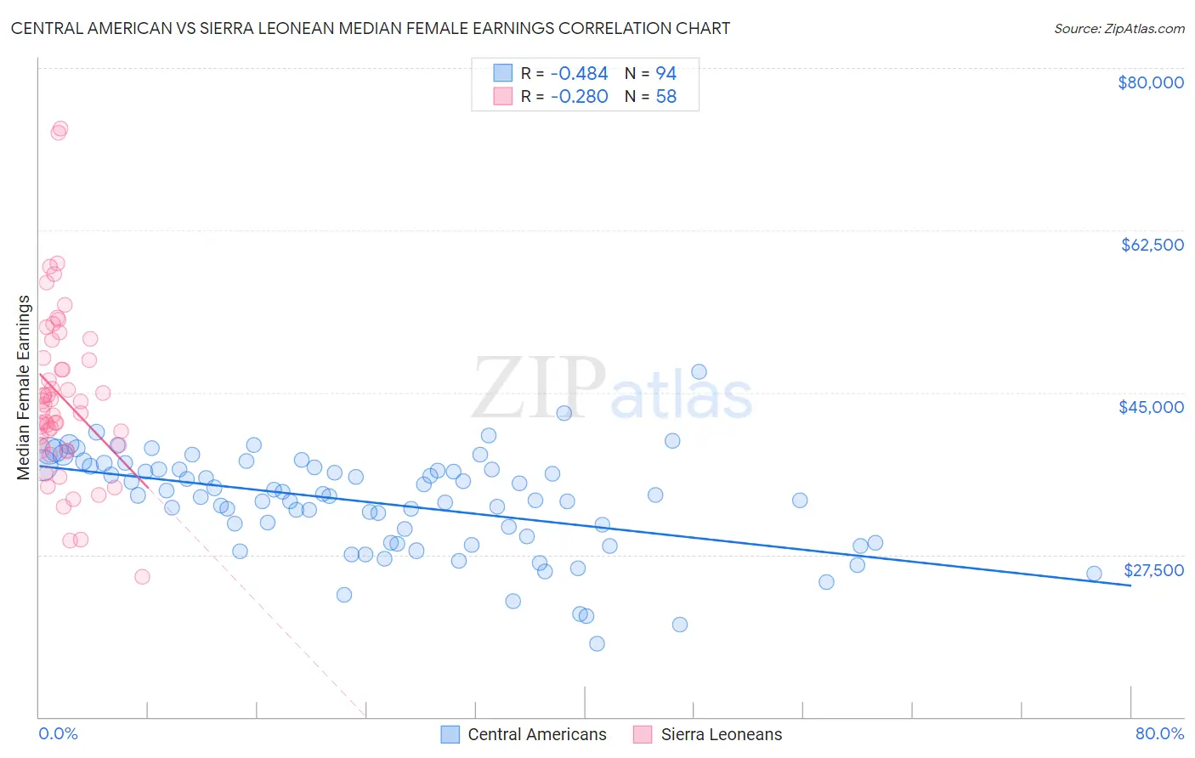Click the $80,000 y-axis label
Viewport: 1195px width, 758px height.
click(x=1150, y=82)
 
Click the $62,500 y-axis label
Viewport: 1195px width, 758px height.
click(x=1152, y=245)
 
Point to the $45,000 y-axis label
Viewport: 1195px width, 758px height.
click(x=1151, y=407)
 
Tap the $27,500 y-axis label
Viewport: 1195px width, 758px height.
click(x=1153, y=570)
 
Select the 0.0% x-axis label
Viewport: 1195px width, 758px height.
click(x=58, y=733)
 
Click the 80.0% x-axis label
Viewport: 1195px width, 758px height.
click(x=1159, y=733)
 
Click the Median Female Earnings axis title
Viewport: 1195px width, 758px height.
click(x=24, y=387)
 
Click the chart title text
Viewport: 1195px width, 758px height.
click(x=371, y=28)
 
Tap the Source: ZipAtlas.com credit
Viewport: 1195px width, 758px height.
click(x=1119, y=28)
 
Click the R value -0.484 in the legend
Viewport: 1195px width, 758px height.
click(x=579, y=74)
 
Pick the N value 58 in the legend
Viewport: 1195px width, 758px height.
click(x=666, y=97)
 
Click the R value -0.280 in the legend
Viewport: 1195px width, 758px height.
click(x=579, y=97)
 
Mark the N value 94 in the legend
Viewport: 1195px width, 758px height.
click(x=666, y=74)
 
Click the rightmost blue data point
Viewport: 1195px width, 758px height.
click(x=1094, y=574)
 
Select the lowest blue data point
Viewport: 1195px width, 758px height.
click(x=597, y=643)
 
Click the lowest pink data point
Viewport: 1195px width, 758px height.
click(x=142, y=576)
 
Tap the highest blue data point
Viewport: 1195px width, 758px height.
click(x=699, y=371)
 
